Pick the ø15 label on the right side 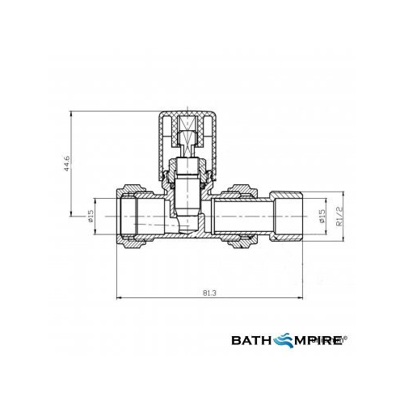pyautogui.click(x=321, y=217)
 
